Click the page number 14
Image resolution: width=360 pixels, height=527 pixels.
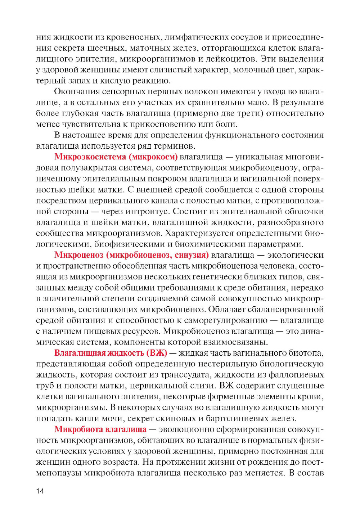pyautogui.click(x=40, y=491)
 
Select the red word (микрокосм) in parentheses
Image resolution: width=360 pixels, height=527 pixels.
pyautogui.click(x=155, y=157)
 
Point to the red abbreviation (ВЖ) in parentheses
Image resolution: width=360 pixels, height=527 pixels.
pyautogui.click(x=157, y=353)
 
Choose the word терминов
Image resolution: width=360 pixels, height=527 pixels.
pyautogui.click(x=176, y=146)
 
